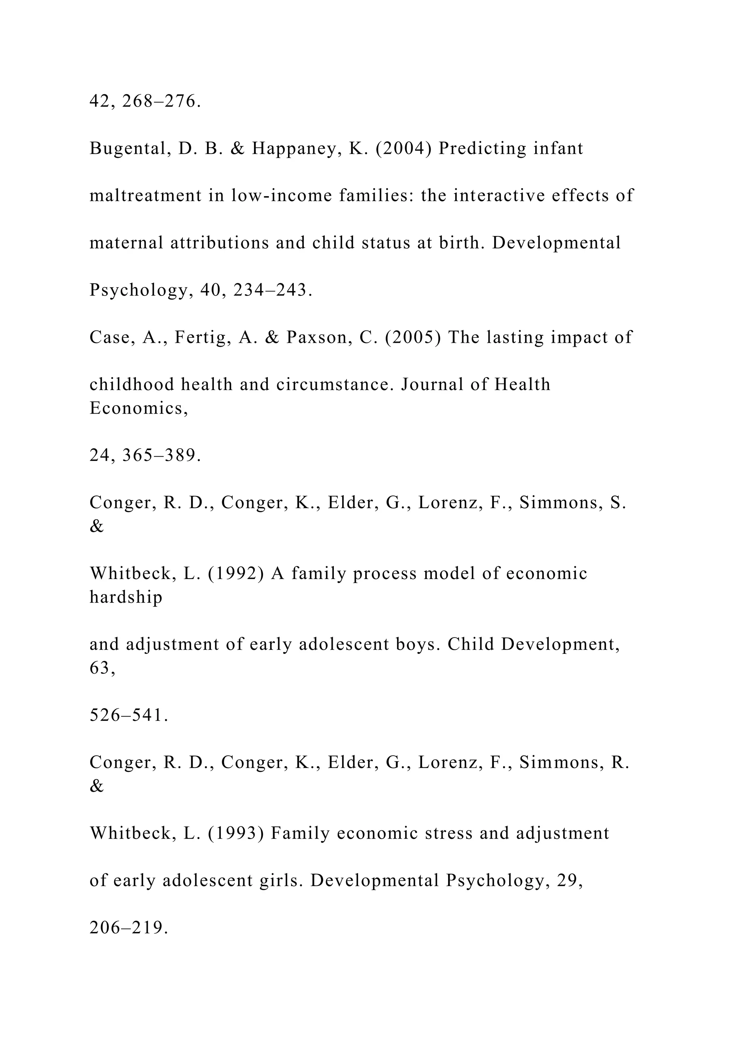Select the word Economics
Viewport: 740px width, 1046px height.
tap(138, 408)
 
